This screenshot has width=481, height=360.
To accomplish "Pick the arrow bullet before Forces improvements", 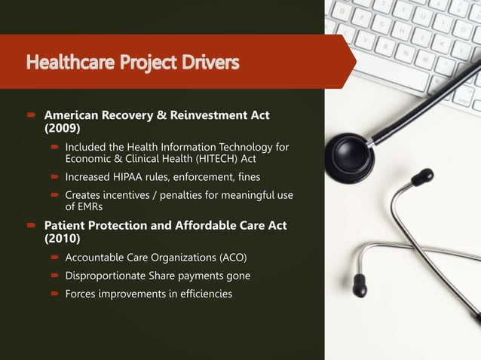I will (x=54, y=294).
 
